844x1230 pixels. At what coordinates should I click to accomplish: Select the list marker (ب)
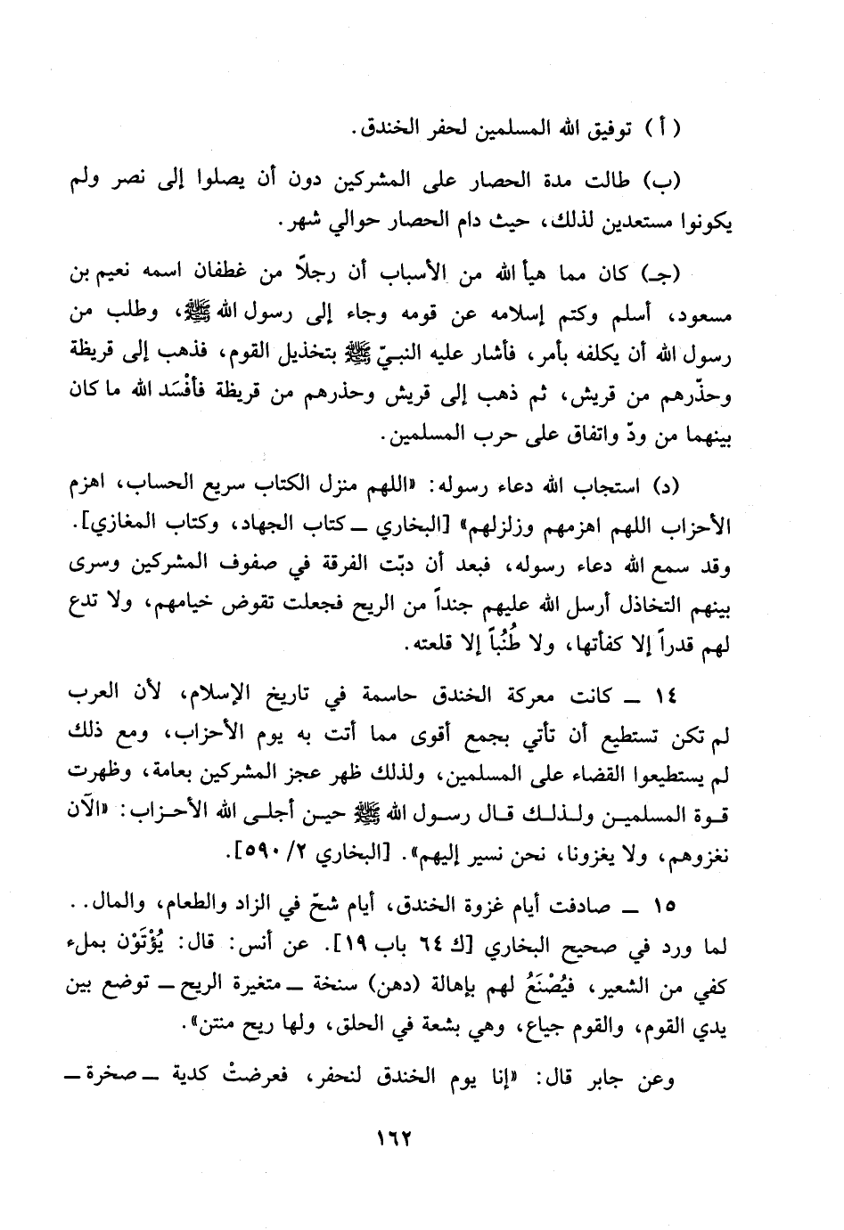(663, 180)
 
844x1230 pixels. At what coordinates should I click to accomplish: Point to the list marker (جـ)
(662, 273)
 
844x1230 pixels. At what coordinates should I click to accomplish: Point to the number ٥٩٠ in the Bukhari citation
(267, 856)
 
